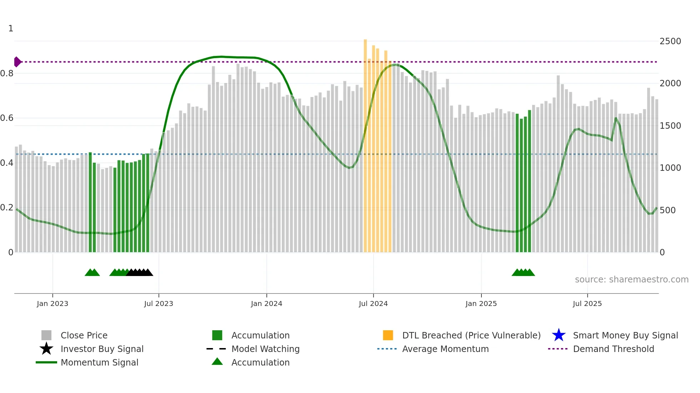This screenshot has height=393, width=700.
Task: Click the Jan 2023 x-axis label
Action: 52,303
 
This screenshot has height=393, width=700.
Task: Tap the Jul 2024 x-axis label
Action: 373,303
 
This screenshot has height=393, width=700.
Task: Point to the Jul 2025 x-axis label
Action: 587,303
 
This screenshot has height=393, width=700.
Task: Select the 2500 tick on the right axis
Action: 670,41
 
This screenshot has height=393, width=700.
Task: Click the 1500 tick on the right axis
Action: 670,126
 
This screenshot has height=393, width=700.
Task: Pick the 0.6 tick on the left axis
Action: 7,118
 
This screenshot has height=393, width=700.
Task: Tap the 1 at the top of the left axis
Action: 11,29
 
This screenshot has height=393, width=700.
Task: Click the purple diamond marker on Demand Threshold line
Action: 17,62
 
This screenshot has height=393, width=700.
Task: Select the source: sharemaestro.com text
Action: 631,280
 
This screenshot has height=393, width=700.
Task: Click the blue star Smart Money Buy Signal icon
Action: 559,335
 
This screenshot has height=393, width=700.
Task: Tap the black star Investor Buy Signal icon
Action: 46,349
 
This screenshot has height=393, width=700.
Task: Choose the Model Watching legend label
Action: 265,349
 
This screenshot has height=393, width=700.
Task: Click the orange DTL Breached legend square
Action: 388,335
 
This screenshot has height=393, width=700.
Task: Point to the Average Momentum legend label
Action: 445,349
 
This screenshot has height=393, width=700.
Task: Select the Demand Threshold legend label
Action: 613,349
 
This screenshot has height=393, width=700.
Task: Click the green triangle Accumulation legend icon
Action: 217,362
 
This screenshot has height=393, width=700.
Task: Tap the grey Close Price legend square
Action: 46,335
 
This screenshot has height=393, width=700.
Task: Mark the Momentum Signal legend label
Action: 99,362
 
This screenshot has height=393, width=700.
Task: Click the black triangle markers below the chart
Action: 140,273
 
